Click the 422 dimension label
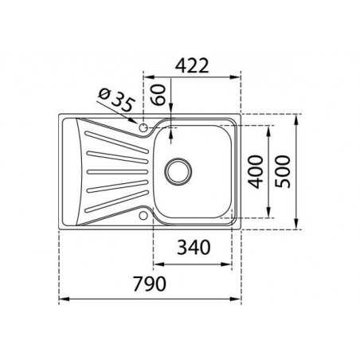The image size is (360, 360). (192, 65)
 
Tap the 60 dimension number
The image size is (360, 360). (158, 95)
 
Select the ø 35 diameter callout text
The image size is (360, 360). (116, 100)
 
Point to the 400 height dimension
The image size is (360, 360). (256, 172)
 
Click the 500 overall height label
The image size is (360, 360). (283, 171)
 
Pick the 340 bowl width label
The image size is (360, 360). (194, 248)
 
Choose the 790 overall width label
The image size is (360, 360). (150, 284)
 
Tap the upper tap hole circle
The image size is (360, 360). (143, 127)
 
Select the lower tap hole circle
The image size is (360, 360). (143, 216)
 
